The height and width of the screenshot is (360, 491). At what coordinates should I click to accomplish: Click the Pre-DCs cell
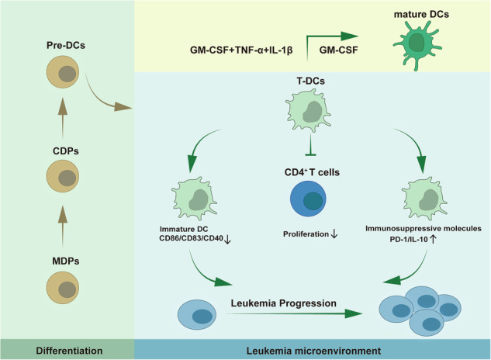63,72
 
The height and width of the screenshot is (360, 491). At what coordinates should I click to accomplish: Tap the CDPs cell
63,176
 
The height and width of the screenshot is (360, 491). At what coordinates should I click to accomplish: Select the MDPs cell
63,288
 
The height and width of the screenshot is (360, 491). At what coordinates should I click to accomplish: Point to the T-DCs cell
309,109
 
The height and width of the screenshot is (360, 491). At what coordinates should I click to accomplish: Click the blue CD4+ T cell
308,199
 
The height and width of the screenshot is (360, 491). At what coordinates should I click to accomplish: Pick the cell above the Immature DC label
194,199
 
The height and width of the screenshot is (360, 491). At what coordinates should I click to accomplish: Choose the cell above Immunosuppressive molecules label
424,198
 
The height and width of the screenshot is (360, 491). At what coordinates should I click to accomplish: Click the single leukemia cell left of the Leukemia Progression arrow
197,315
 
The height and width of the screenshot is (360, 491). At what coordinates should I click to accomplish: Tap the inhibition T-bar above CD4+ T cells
310,144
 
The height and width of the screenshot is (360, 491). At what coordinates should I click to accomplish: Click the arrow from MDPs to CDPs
63,227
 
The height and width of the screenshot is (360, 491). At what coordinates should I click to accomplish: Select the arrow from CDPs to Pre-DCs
63,118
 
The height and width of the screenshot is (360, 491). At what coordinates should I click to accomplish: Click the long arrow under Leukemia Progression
294,313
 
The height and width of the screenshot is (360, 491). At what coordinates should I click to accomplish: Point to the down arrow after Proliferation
334,234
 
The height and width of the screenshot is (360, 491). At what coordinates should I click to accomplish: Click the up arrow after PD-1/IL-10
433,240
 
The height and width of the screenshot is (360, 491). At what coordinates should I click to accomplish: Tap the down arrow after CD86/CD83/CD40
227,240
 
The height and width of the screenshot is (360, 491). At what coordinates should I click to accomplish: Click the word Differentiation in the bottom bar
69,351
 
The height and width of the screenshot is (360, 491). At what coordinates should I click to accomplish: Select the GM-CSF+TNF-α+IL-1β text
241,50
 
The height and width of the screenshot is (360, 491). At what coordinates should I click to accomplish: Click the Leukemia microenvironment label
313,351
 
